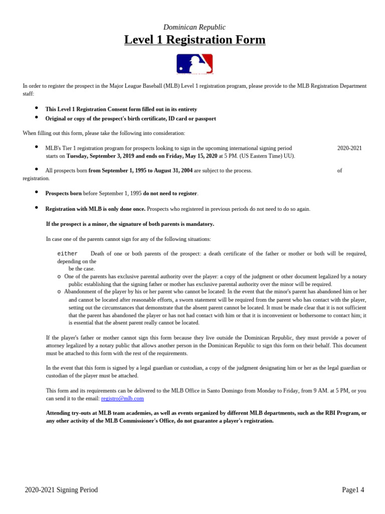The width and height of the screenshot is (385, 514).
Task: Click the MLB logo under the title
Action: [x=195, y=64]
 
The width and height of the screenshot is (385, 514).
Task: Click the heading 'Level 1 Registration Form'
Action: [x=195, y=40]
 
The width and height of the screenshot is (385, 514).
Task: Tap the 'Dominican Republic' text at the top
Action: [x=195, y=27]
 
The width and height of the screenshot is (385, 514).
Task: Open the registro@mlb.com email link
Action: [x=122, y=398]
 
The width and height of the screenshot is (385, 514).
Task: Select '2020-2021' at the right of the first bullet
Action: [x=349, y=148]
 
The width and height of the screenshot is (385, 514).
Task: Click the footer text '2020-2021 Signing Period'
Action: [x=61, y=490]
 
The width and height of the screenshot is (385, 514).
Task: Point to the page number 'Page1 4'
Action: [x=353, y=490]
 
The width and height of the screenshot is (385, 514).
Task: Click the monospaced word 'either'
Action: [x=68, y=254]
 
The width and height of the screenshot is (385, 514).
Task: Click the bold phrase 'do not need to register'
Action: [x=170, y=193]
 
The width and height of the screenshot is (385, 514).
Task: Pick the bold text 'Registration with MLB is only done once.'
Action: [x=95, y=209]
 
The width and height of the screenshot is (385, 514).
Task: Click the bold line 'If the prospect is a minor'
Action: [x=130, y=224]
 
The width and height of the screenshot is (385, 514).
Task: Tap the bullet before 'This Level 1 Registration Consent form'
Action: [x=37, y=108]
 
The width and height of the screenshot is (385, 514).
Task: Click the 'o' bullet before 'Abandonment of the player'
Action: [x=59, y=292]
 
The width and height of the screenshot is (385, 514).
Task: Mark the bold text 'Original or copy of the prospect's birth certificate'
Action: [x=130, y=118]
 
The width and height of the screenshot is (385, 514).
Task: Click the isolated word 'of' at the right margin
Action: [x=339, y=171]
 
